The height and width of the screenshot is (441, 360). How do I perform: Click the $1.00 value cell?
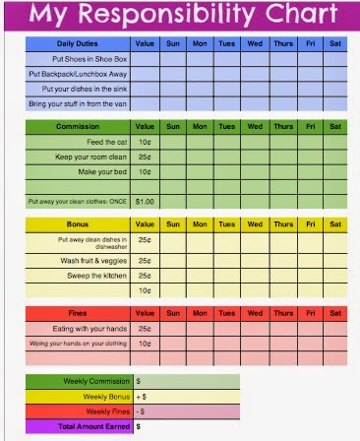(x=146, y=201)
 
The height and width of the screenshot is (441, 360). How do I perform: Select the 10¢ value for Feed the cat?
(x=146, y=142)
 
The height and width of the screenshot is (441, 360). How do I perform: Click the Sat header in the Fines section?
(x=334, y=313)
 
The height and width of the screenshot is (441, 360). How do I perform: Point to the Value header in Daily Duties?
(x=146, y=44)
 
